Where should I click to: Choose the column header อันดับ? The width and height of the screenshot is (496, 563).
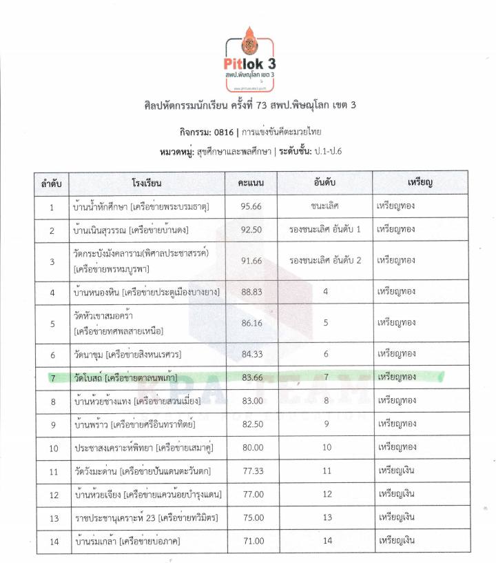point(325,183)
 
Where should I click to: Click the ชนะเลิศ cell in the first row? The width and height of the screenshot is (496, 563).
point(325,206)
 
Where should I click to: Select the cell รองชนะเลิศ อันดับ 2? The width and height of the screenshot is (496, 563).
point(325,261)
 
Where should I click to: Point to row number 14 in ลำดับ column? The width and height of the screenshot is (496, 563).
point(52,541)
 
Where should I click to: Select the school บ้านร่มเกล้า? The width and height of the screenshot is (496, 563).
point(96,541)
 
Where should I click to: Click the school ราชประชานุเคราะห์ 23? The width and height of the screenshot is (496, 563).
point(115,517)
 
